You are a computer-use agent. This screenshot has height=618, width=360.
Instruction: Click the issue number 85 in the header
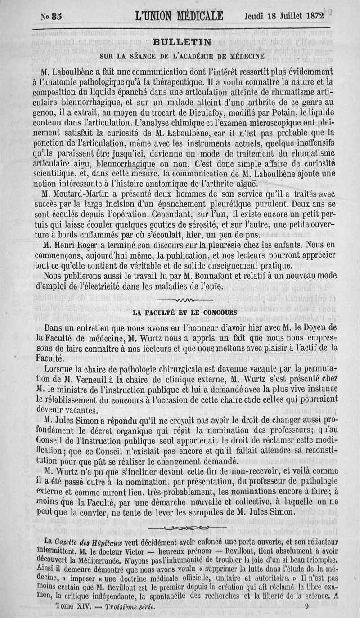coord(57,16)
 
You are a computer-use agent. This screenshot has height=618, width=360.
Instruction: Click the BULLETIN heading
coord(182,43)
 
